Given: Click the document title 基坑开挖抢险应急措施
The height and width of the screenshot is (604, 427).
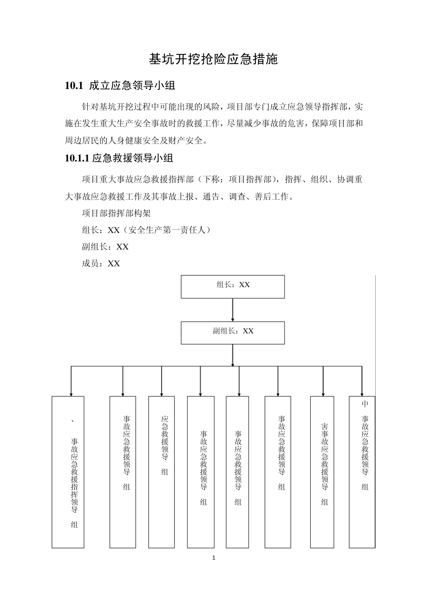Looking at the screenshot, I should tap(213, 59).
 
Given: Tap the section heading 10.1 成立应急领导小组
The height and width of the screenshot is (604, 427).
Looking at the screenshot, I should tap(120, 85).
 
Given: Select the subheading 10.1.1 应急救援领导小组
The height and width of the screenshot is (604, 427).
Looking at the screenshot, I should tap(119, 158).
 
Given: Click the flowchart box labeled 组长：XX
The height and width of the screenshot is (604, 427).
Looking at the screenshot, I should tap(233, 287).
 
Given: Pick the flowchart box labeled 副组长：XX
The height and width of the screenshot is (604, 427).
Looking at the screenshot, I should tap(233, 333).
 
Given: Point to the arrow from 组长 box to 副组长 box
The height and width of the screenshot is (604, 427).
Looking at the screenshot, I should tap(233, 310).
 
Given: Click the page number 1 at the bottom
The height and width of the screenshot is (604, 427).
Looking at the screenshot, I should tap(213, 558).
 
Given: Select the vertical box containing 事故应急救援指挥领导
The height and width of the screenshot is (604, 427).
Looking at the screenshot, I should tap(68, 472).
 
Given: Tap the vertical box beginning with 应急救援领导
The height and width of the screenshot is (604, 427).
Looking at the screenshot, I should tap(162, 472).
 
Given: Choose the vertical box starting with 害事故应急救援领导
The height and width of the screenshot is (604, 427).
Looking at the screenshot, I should tap(322, 472).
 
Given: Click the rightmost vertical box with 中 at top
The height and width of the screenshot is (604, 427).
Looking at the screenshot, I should tap(362, 472).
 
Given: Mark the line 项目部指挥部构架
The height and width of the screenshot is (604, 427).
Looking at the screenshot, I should tap(116, 213).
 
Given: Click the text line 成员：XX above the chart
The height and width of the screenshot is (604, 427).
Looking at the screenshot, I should tap(101, 264).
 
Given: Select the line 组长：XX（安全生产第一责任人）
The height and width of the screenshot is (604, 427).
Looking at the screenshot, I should tap(146, 230).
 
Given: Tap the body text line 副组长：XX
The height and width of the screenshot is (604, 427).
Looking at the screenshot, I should tap(105, 247).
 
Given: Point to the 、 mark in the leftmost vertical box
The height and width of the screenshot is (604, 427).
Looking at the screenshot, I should tap(73, 422).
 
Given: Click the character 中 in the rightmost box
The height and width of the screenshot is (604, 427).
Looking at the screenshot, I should tap(365, 404).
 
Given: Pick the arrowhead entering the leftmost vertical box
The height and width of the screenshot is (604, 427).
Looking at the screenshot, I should tap(71, 393).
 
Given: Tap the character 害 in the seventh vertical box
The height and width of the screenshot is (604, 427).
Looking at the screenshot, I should tap(325, 426).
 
